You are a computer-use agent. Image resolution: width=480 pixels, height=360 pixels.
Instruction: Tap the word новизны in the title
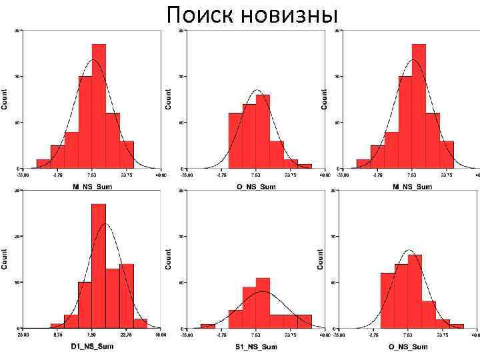click(x=293, y=15)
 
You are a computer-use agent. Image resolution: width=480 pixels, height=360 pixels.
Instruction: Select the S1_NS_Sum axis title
click(x=257, y=347)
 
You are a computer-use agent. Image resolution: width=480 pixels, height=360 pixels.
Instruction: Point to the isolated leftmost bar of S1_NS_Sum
click(x=207, y=326)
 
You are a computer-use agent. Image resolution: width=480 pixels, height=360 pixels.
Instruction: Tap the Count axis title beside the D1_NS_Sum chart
click(x=5, y=259)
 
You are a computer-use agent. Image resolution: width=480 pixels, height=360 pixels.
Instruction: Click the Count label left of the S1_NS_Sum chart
click(x=169, y=259)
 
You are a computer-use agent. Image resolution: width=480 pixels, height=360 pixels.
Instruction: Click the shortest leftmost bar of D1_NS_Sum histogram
click(x=57, y=326)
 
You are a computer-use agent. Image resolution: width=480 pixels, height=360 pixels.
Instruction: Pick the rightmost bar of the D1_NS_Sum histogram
click(x=140, y=323)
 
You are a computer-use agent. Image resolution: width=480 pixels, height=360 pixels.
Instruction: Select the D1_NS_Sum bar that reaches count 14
click(x=127, y=296)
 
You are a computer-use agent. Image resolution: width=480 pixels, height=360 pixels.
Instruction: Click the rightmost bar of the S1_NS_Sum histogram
click(x=305, y=321)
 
